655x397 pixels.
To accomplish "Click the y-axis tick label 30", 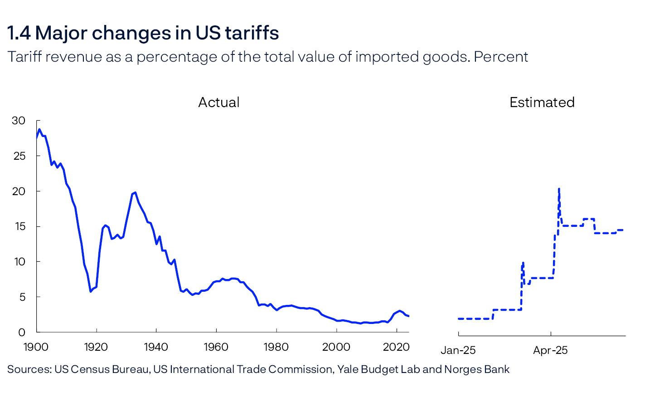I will (x=19, y=121).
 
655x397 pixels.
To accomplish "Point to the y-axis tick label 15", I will (x=19, y=226).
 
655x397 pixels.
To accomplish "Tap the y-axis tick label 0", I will (x=22, y=333).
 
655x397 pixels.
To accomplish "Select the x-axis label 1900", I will (x=36, y=347).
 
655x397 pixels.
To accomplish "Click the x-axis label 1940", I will (x=156, y=347).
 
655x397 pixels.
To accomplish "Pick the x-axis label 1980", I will (x=276, y=347).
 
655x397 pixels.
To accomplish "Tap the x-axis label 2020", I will (x=396, y=347).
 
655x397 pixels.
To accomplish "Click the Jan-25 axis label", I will (x=458, y=350).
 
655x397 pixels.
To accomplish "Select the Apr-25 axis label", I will (x=550, y=350).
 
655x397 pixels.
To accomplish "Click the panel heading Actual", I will (x=218, y=102).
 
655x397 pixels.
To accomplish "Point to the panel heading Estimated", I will (x=542, y=102).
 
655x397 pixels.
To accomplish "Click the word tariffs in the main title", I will (x=252, y=33).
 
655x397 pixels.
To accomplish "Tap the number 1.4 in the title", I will (x=19, y=33).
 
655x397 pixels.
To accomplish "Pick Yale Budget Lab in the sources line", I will (x=378, y=369).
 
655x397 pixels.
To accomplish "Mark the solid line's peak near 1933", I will (x=135, y=192).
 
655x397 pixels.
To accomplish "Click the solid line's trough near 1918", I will (x=91, y=291).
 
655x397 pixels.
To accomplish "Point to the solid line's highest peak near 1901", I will (x=39, y=129).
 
